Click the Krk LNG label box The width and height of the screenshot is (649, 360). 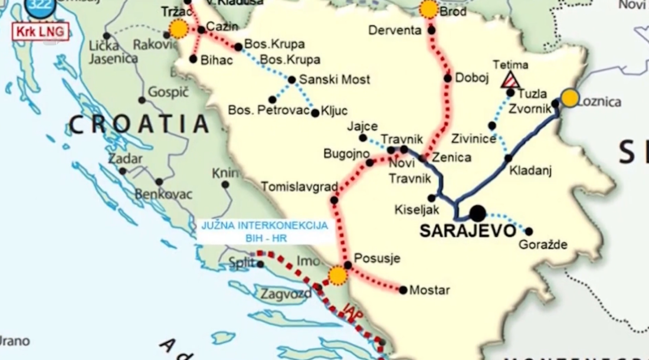pyautogui.click(x=40, y=31)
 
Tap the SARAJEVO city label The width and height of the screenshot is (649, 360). pyautogui.click(x=468, y=231)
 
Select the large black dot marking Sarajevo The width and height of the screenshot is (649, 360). pyautogui.click(x=478, y=214)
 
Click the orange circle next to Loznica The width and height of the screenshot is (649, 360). pyautogui.click(x=570, y=98)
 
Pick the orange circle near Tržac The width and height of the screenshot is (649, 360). pyautogui.click(x=178, y=28)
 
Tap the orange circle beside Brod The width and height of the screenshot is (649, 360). pyautogui.click(x=429, y=9)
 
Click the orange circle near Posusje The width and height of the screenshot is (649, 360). pyautogui.click(x=337, y=276)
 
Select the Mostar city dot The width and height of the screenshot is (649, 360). pyautogui.click(x=403, y=290)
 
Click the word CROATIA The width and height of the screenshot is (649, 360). pyautogui.click(x=139, y=125)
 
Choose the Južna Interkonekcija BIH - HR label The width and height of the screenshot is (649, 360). pyautogui.click(x=264, y=231)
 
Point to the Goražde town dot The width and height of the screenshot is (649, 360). pyautogui.click(x=529, y=231)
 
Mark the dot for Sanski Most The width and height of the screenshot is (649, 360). pyautogui.click(x=291, y=80)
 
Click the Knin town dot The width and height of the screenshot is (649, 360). pyautogui.click(x=225, y=185)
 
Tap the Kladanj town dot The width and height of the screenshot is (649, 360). pyautogui.click(x=509, y=158)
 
